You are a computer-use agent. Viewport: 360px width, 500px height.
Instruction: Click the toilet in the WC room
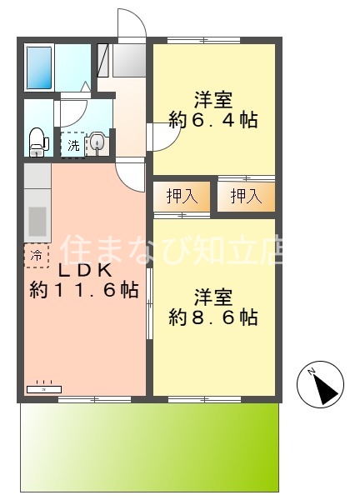pyautogui.click(x=37, y=141)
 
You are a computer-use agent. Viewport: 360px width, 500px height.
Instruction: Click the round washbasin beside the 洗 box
pyautogui.click(x=97, y=144)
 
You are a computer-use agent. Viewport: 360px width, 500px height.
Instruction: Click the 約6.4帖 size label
pyautogui.click(x=213, y=120)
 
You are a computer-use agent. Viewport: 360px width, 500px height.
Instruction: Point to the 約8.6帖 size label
pyautogui.click(x=213, y=317)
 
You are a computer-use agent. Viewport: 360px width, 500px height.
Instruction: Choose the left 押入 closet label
pyautogui.click(x=182, y=197)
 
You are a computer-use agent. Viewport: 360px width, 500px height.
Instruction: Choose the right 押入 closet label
pyautogui.click(x=246, y=197)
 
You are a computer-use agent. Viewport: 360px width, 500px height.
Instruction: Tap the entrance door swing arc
pyautogui.click(x=132, y=23)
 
